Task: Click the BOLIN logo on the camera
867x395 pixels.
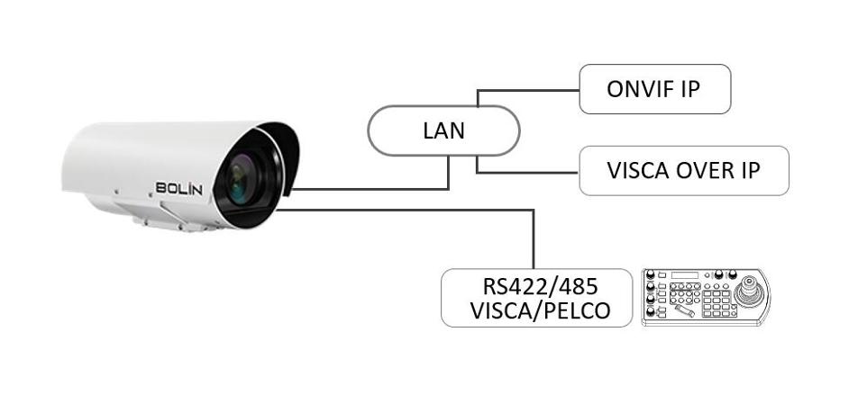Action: click(x=178, y=188)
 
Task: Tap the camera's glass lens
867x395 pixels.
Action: click(x=242, y=177)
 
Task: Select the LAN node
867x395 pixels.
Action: click(x=443, y=130)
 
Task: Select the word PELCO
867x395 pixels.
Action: click(x=578, y=310)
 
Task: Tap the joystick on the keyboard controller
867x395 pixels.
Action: click(x=750, y=291)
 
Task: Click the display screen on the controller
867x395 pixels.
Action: click(x=685, y=274)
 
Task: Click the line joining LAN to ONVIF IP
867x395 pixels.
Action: click(x=528, y=90)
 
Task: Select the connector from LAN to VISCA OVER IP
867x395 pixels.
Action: click(x=528, y=173)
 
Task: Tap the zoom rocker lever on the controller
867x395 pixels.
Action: click(x=685, y=310)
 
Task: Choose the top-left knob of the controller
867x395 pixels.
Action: click(x=651, y=274)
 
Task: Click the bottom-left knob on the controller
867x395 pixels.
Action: click(x=651, y=312)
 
